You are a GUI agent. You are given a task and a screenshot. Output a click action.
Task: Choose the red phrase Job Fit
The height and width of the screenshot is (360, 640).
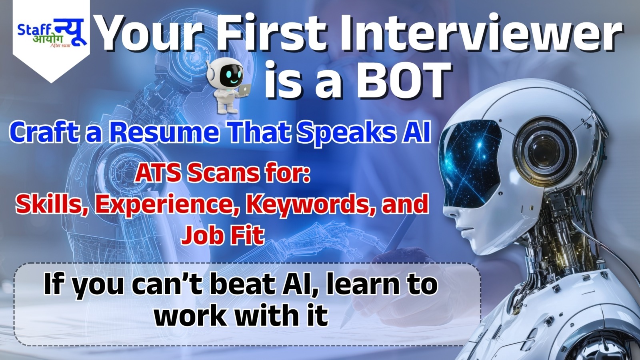pyautogui.click(x=223, y=236)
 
